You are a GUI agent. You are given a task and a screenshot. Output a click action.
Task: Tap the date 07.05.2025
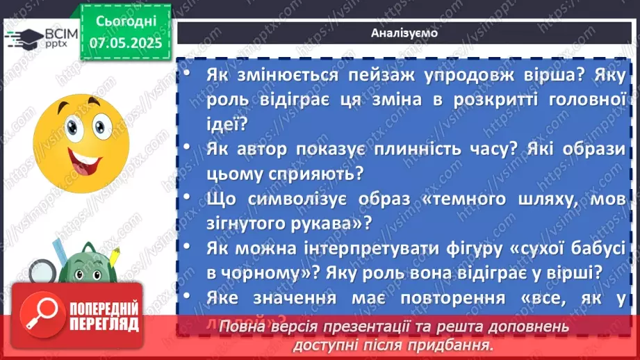pyautogui.click(x=125, y=42)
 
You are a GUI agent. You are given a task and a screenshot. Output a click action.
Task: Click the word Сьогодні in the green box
pyautogui.click(x=125, y=22)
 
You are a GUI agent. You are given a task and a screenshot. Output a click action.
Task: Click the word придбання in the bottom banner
pyautogui.click(x=454, y=345)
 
